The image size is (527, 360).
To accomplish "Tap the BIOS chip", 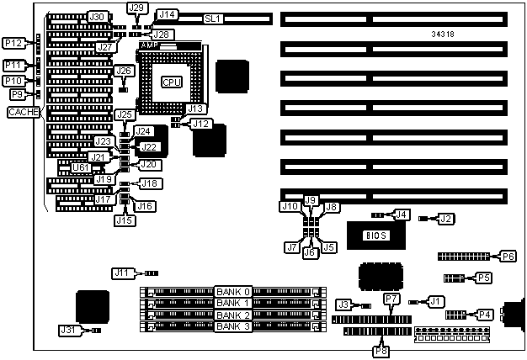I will [375, 235].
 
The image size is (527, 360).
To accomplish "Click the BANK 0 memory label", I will [232, 291].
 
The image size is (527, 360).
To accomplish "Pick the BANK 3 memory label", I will [232, 326].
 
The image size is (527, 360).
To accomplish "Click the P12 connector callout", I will [13, 43].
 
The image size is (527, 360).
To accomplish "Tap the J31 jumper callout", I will [68, 331].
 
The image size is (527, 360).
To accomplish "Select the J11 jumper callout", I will [123, 273].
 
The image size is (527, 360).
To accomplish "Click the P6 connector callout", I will [508, 256].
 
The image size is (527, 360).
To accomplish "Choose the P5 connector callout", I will [483, 277].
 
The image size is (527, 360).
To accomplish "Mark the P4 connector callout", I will [485, 315].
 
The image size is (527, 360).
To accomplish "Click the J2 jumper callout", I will [446, 219].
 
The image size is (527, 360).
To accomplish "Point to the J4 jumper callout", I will [402, 214].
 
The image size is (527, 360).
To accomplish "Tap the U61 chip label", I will [81, 167].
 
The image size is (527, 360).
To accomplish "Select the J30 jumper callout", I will [97, 17].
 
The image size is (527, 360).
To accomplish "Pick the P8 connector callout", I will [381, 351].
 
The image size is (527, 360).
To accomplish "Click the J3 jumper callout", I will [343, 304].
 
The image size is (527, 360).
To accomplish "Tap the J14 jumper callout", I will [167, 14].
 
